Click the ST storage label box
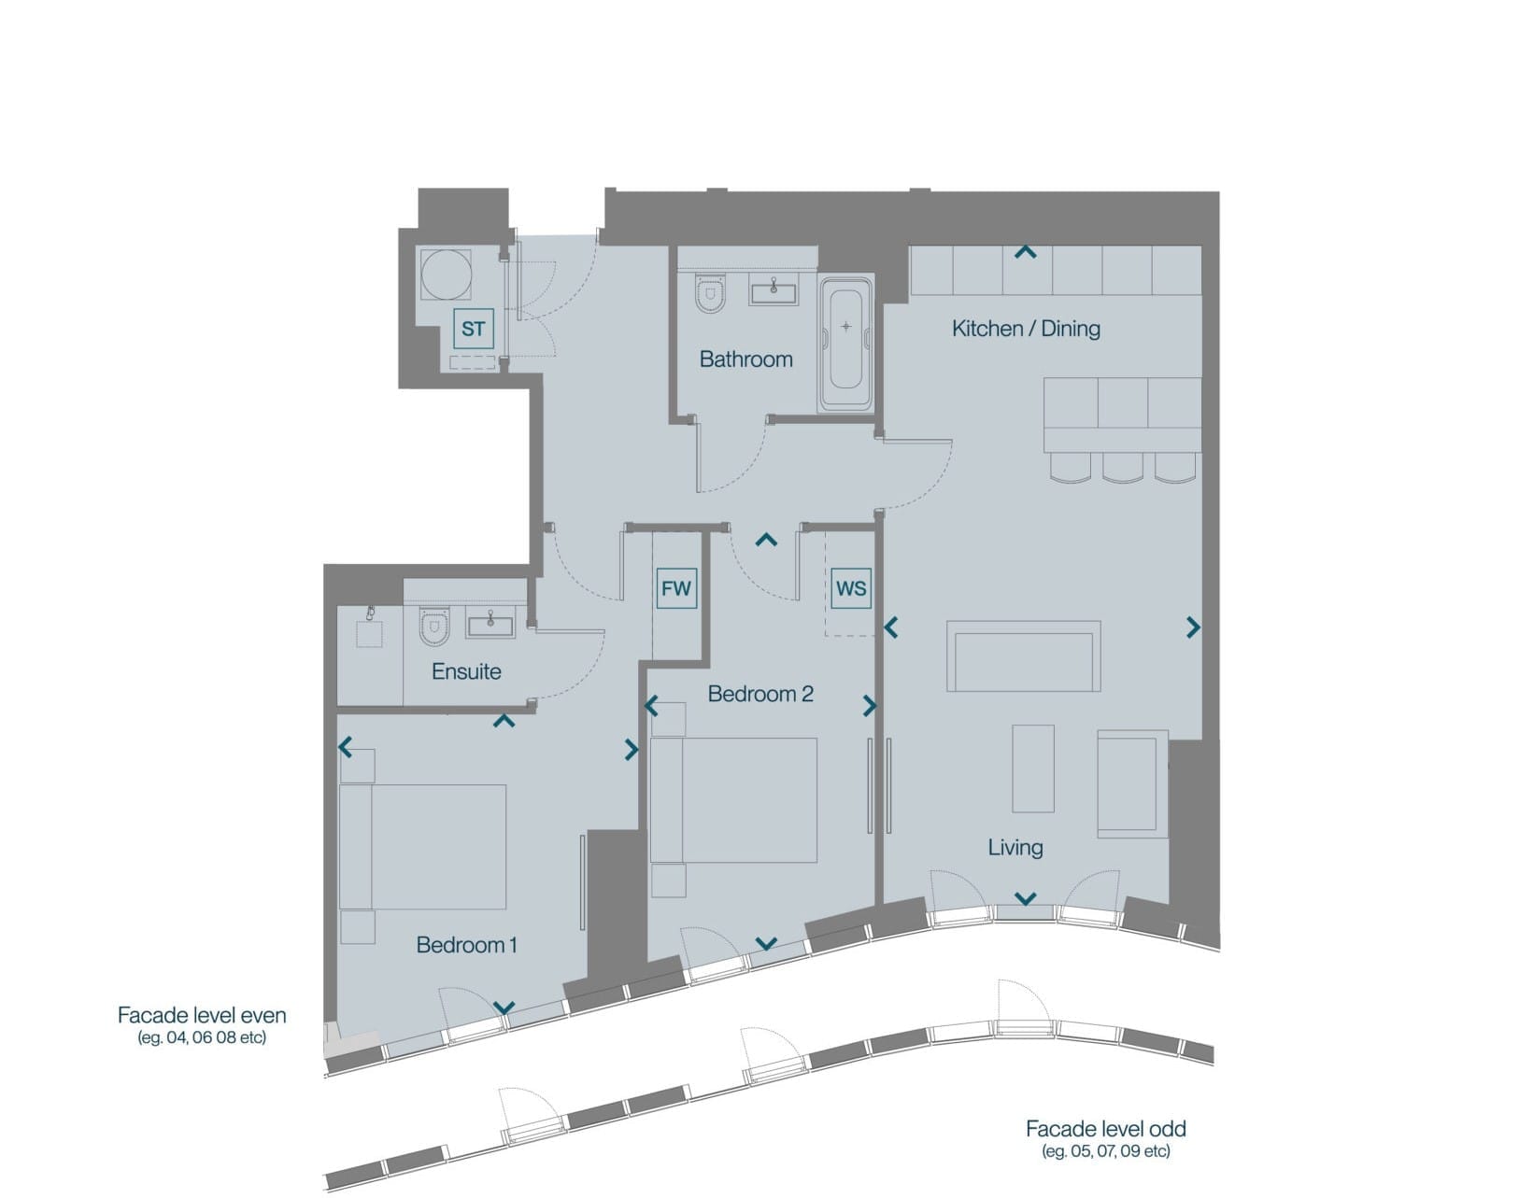473,328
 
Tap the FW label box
675,588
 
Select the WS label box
851,588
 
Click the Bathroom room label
745,359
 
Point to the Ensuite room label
466,671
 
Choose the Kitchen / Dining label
1026,328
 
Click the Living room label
1015,847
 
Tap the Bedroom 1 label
466,944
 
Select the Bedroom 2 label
760,694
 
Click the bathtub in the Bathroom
845,344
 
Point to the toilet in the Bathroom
710,292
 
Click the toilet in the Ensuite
433,627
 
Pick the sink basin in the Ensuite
490,624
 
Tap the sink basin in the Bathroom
774,291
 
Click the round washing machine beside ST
446,275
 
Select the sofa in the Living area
1023,655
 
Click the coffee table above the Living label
1033,768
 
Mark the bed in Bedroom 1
422,846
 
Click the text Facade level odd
1105,1128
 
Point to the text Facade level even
202,1015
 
